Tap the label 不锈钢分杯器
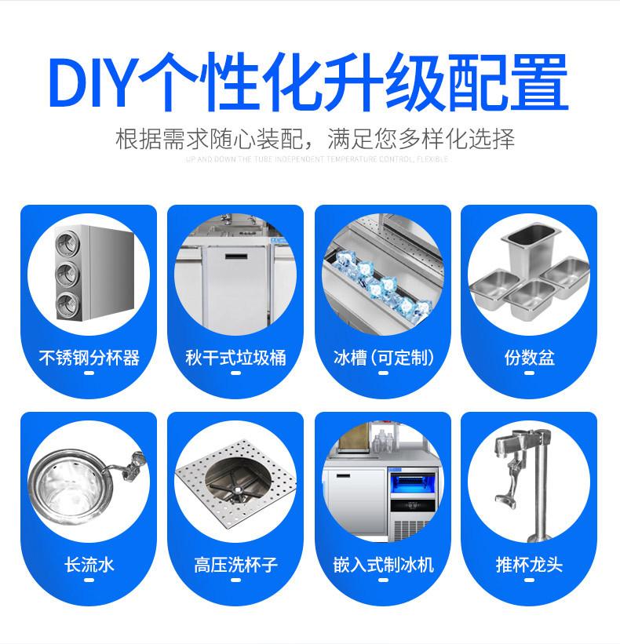(x=89, y=358)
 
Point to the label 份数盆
(x=529, y=358)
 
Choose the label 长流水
(x=89, y=564)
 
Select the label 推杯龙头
(x=529, y=564)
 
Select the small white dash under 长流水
(x=89, y=581)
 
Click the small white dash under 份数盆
(x=529, y=375)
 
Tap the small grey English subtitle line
(x=317, y=159)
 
